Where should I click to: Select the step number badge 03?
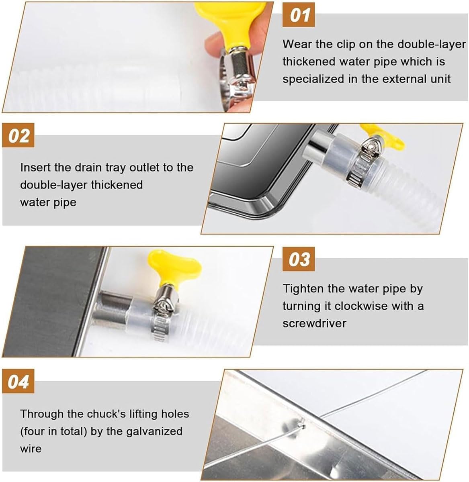(299, 259)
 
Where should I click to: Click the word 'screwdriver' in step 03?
(314, 323)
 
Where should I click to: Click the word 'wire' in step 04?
(31, 449)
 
